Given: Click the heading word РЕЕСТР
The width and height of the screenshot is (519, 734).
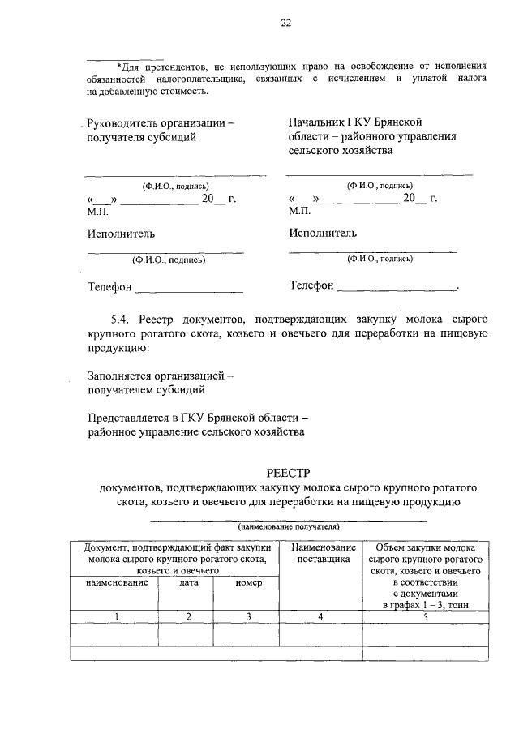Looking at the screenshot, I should tap(289, 473).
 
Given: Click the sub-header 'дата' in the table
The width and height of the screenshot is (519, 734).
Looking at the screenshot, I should tap(188, 582).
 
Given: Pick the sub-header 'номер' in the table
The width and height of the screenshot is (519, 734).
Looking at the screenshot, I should tap(248, 582).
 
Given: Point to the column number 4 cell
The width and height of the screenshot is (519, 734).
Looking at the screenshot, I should tap(320, 617).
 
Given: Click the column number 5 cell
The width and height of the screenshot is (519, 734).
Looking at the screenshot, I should tap(425, 617).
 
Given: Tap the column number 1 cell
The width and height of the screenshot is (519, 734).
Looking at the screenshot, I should tap(115, 617).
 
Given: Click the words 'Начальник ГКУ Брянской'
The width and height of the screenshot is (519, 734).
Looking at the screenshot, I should tap(355, 122).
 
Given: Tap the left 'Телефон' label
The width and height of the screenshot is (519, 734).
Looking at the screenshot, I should tap(109, 286).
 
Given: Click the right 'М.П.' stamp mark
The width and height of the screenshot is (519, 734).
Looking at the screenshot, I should tap(300, 211).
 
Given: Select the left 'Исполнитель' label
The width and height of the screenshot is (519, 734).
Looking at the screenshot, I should tap(121, 234).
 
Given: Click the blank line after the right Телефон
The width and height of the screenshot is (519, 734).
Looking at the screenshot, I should tap(397, 289).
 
